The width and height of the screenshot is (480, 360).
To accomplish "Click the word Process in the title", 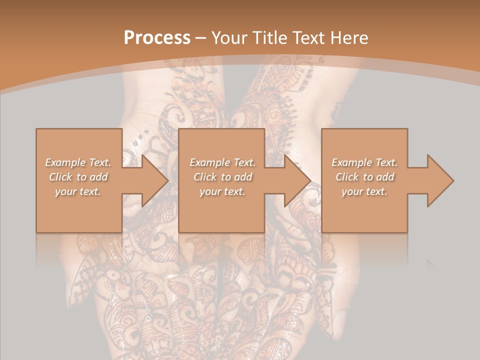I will pyautogui.click(x=157, y=38).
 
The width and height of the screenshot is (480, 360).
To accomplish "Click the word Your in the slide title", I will pyautogui.click(x=230, y=38).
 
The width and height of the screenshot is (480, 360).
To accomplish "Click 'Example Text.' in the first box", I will pyautogui.click(x=78, y=162).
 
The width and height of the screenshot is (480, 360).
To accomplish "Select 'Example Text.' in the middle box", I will pyautogui.click(x=222, y=162).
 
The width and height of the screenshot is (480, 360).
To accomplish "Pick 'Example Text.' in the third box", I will pyautogui.click(x=364, y=162).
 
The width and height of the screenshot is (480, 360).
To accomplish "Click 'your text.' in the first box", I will pyautogui.click(x=78, y=191).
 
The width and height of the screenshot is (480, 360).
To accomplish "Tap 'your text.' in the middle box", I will pyautogui.click(x=222, y=191).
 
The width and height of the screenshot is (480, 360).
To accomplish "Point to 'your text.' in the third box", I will pyautogui.click(x=364, y=191).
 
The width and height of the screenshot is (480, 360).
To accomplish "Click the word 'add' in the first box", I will pyautogui.click(x=99, y=177).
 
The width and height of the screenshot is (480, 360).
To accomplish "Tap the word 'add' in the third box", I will pyautogui.click(x=385, y=177).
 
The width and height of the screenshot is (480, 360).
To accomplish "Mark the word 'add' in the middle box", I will pyautogui.click(x=243, y=177).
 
